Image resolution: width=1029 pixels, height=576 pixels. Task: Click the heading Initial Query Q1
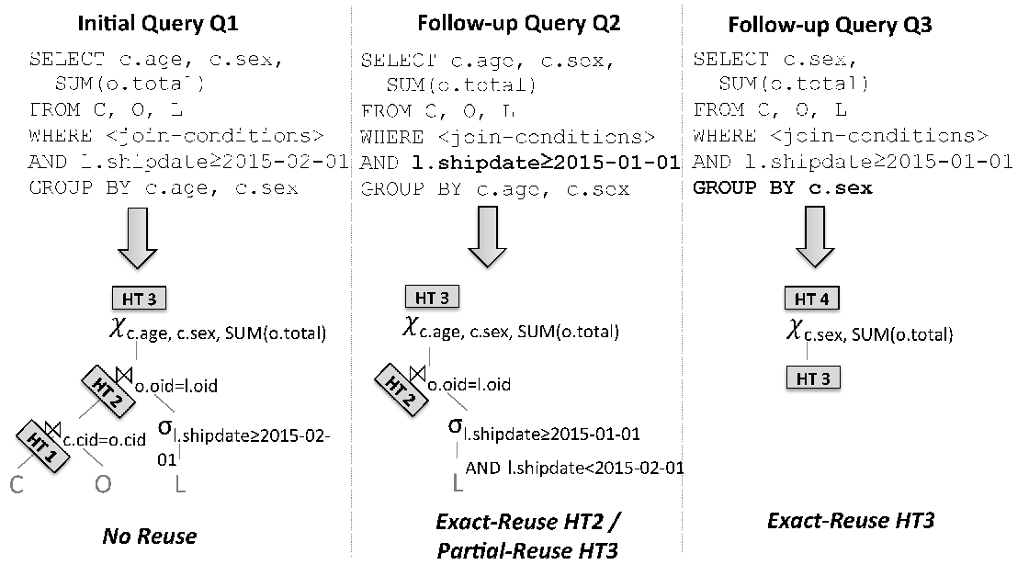157,24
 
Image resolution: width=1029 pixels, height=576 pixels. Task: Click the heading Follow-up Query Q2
518,24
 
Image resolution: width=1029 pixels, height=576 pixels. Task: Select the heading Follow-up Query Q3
830,25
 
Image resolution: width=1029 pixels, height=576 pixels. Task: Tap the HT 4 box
812,299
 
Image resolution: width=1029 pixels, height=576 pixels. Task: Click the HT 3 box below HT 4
813,378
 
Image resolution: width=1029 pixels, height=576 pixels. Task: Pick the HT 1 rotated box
42,446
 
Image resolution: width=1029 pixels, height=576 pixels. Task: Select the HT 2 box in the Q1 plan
108,391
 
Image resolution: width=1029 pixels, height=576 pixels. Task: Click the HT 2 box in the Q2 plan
401,390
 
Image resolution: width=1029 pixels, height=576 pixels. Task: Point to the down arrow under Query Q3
815,237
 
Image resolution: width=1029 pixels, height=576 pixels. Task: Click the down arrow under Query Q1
137,238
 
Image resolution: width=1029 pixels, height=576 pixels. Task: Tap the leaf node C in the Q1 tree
17,485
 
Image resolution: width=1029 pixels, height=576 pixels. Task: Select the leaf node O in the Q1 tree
103,484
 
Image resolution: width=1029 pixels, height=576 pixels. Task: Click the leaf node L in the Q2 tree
458,483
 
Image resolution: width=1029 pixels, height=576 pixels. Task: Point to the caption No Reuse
150,536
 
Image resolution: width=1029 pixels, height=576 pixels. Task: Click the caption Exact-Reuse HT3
851,521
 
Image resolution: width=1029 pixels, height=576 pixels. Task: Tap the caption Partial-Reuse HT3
527,550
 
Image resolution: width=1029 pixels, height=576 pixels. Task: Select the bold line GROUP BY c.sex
782,188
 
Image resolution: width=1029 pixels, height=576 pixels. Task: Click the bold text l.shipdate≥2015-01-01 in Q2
546,163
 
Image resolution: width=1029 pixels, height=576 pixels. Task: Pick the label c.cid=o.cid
105,439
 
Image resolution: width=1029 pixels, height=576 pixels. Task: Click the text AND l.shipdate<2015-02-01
575,468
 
